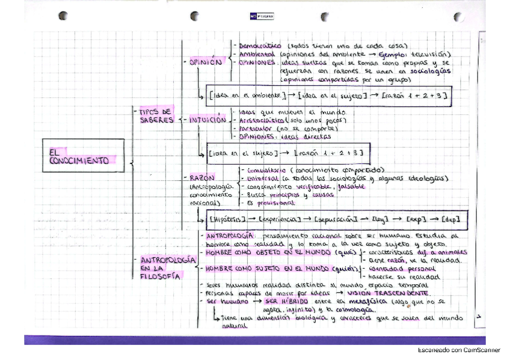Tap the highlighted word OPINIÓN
[x=205, y=62]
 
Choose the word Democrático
[x=260, y=46]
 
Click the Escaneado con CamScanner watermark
[x=458, y=350]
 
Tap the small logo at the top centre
[x=257, y=16]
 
